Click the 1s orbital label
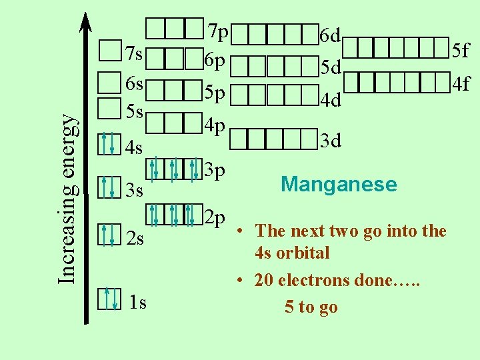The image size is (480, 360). [138, 303]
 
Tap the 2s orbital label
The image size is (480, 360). [135, 239]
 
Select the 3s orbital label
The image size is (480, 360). [135, 191]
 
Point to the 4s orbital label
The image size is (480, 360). [135, 146]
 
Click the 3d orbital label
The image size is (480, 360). [331, 141]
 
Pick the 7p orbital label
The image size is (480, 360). [218, 31]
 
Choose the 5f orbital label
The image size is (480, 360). [461, 49]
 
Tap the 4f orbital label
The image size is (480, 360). [461, 84]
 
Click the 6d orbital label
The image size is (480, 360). [331, 34]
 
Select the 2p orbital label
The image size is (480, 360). [215, 218]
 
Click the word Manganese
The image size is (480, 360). [339, 184]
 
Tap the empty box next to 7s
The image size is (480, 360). [109, 50]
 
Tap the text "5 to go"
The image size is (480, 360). [311, 307]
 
